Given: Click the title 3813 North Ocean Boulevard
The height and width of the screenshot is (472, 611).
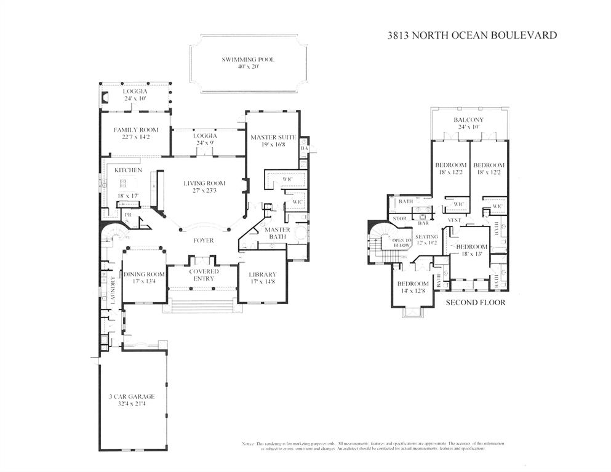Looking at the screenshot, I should click(472, 35).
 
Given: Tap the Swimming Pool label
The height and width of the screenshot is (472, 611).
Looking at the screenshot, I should click(248, 60).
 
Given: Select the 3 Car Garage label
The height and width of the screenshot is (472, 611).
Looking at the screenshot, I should click(132, 396).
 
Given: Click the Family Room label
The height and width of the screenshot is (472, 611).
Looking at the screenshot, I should click(136, 130).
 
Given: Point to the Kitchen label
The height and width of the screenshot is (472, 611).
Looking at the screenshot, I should click(128, 170).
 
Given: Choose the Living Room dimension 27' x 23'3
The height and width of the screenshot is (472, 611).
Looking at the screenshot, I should click(204, 191).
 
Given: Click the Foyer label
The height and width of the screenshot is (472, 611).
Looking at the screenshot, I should click(203, 241).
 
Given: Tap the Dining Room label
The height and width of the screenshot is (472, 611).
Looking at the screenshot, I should click(144, 274).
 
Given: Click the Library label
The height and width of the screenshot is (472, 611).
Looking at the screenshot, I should click(263, 274).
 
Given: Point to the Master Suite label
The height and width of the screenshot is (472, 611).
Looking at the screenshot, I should click(273, 137).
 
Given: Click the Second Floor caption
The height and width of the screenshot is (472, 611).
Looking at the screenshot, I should click(475, 302).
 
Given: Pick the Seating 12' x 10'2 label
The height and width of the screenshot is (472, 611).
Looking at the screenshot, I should click(426, 240).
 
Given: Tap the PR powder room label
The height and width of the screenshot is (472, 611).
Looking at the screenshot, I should click(128, 215).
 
